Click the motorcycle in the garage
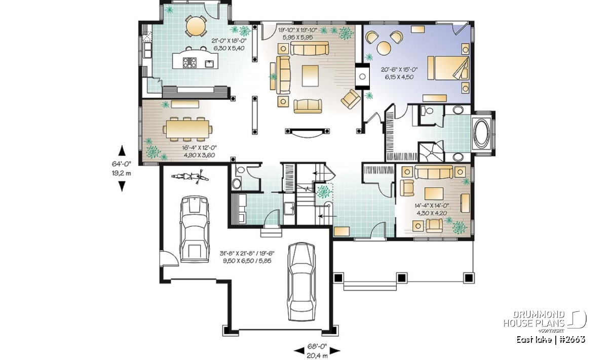pos(190,177)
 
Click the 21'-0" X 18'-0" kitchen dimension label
pos(229,41)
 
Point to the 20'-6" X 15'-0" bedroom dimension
pos(399,69)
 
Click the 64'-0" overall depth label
pos(122,164)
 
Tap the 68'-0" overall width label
pos(317,346)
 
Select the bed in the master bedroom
pos(448,68)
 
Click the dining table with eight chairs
pos(187,129)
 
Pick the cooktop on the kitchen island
pos(189,62)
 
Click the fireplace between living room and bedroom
pos(362,76)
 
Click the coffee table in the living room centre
pos(310,75)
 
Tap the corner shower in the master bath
pos(432,151)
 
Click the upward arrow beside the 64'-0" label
pos(122,150)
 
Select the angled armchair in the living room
pos(351,99)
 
